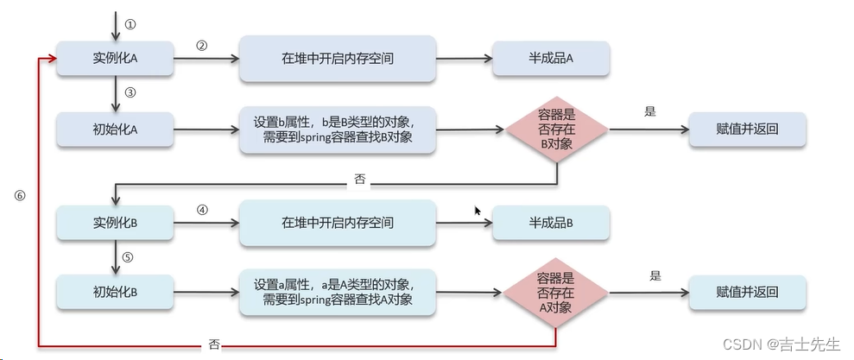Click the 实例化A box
(x=116, y=58)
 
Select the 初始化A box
(x=116, y=129)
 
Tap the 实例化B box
(x=116, y=223)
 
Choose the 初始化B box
(x=116, y=291)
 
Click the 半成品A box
(x=551, y=58)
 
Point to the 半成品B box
(x=551, y=223)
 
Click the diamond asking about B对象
(x=557, y=130)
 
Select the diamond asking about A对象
(x=557, y=291)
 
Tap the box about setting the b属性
(x=337, y=129)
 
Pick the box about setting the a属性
(x=337, y=291)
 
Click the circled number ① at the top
(x=130, y=24)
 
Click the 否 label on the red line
(x=214, y=344)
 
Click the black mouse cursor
(x=478, y=211)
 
